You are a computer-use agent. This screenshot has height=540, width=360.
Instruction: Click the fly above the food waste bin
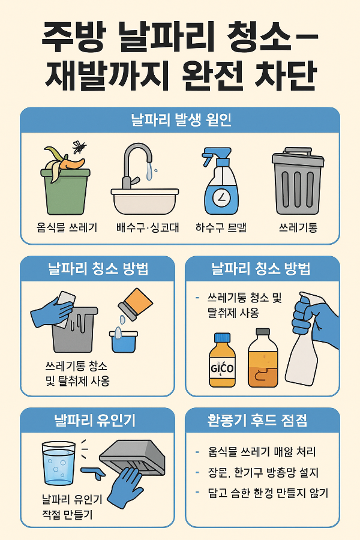point(79,146)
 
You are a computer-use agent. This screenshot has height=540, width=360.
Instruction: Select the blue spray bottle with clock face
point(221,183)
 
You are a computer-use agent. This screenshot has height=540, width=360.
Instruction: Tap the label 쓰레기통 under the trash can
point(298,228)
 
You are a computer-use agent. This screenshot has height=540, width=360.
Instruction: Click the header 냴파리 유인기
point(97,421)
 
